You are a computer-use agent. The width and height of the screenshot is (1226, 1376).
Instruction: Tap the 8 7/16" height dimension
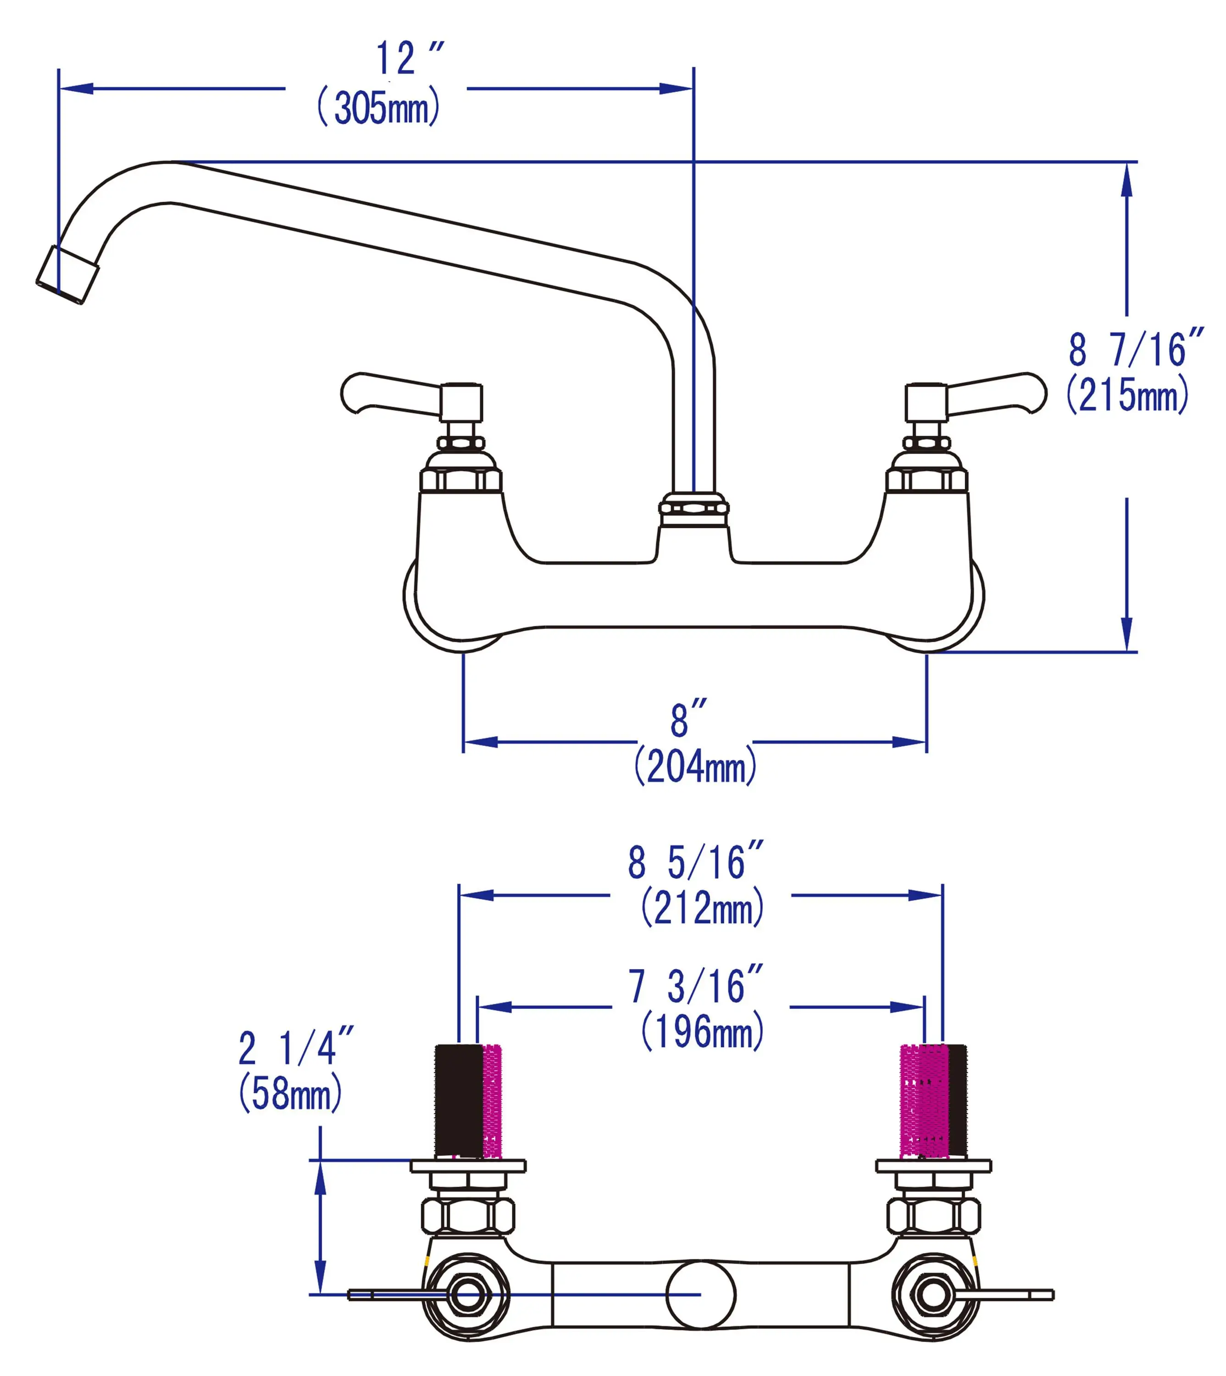click(x=1135, y=350)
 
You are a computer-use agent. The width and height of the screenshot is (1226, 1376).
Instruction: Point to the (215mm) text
click(x=1127, y=394)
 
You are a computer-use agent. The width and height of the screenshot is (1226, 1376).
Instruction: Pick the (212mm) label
click(x=702, y=908)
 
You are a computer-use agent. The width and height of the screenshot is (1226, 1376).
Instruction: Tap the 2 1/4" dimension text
click(x=296, y=1048)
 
